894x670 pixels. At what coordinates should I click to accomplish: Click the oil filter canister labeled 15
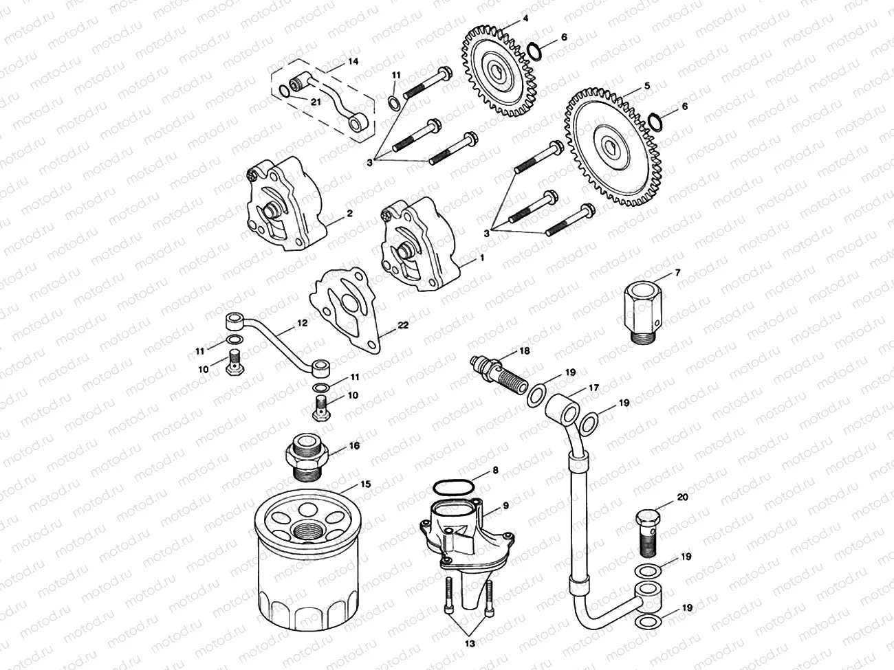(x=306, y=563)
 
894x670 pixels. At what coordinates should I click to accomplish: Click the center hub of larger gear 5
(x=609, y=146)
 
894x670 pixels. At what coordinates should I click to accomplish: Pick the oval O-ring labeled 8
(x=451, y=487)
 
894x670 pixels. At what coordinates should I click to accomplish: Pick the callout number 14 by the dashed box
(x=352, y=61)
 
